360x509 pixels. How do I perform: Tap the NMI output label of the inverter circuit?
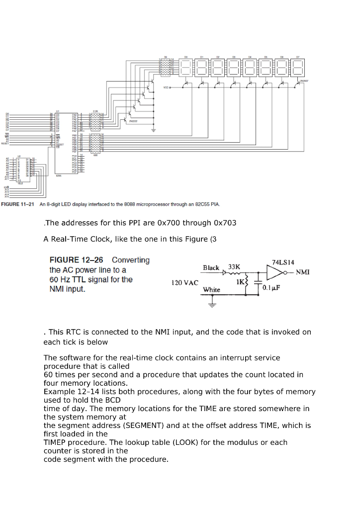click(304, 272)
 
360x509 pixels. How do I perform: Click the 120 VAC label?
click(184, 283)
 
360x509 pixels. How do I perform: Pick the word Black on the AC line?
click(211, 268)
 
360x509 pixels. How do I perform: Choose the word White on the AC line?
click(211, 289)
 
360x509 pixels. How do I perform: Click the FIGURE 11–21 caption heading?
click(17, 204)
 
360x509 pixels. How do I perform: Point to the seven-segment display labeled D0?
click(185, 68)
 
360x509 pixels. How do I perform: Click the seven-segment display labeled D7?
click(298, 68)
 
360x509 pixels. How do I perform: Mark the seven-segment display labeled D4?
click(250, 68)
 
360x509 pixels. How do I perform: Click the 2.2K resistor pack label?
click(95, 111)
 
